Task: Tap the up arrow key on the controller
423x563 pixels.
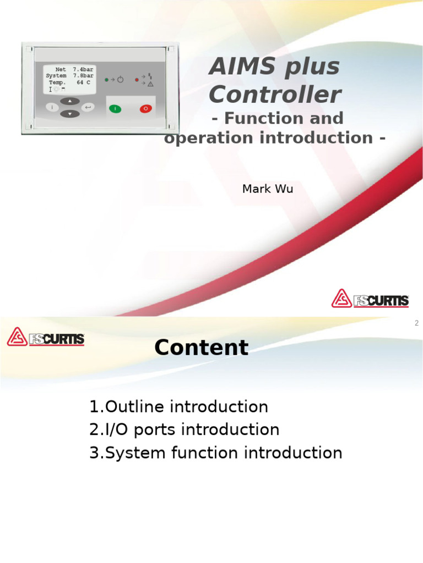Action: (x=70, y=101)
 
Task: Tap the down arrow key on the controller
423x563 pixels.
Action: (x=70, y=114)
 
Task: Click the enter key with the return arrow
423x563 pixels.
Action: (x=88, y=107)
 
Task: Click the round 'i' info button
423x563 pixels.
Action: (x=52, y=107)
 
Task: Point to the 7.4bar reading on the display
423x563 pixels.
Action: (x=84, y=70)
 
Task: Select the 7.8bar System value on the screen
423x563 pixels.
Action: (x=84, y=76)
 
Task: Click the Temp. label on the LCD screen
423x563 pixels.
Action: (x=57, y=82)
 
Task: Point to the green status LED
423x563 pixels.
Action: (x=106, y=80)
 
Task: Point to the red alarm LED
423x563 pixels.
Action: (x=137, y=80)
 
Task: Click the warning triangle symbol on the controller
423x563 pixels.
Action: (x=150, y=84)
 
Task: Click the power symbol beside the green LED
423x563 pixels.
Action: (x=120, y=80)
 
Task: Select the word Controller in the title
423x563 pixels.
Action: (x=274, y=95)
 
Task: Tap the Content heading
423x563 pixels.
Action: (x=201, y=347)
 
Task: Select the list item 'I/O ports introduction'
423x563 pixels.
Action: (x=184, y=429)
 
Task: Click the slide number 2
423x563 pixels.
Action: (x=416, y=323)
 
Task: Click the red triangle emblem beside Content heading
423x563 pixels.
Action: (x=17, y=336)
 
